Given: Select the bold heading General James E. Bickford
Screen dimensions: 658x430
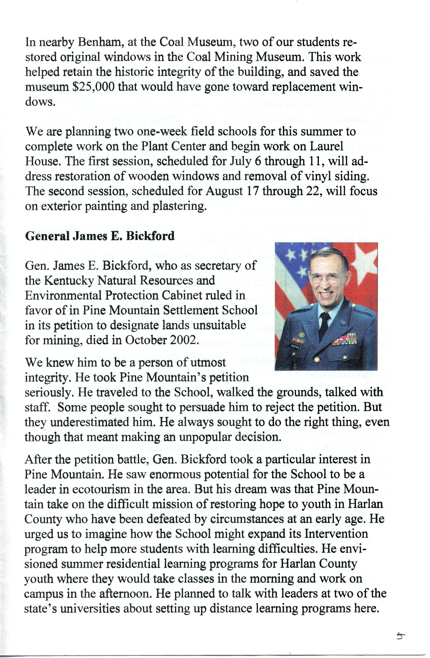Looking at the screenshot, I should [x=100, y=236].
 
